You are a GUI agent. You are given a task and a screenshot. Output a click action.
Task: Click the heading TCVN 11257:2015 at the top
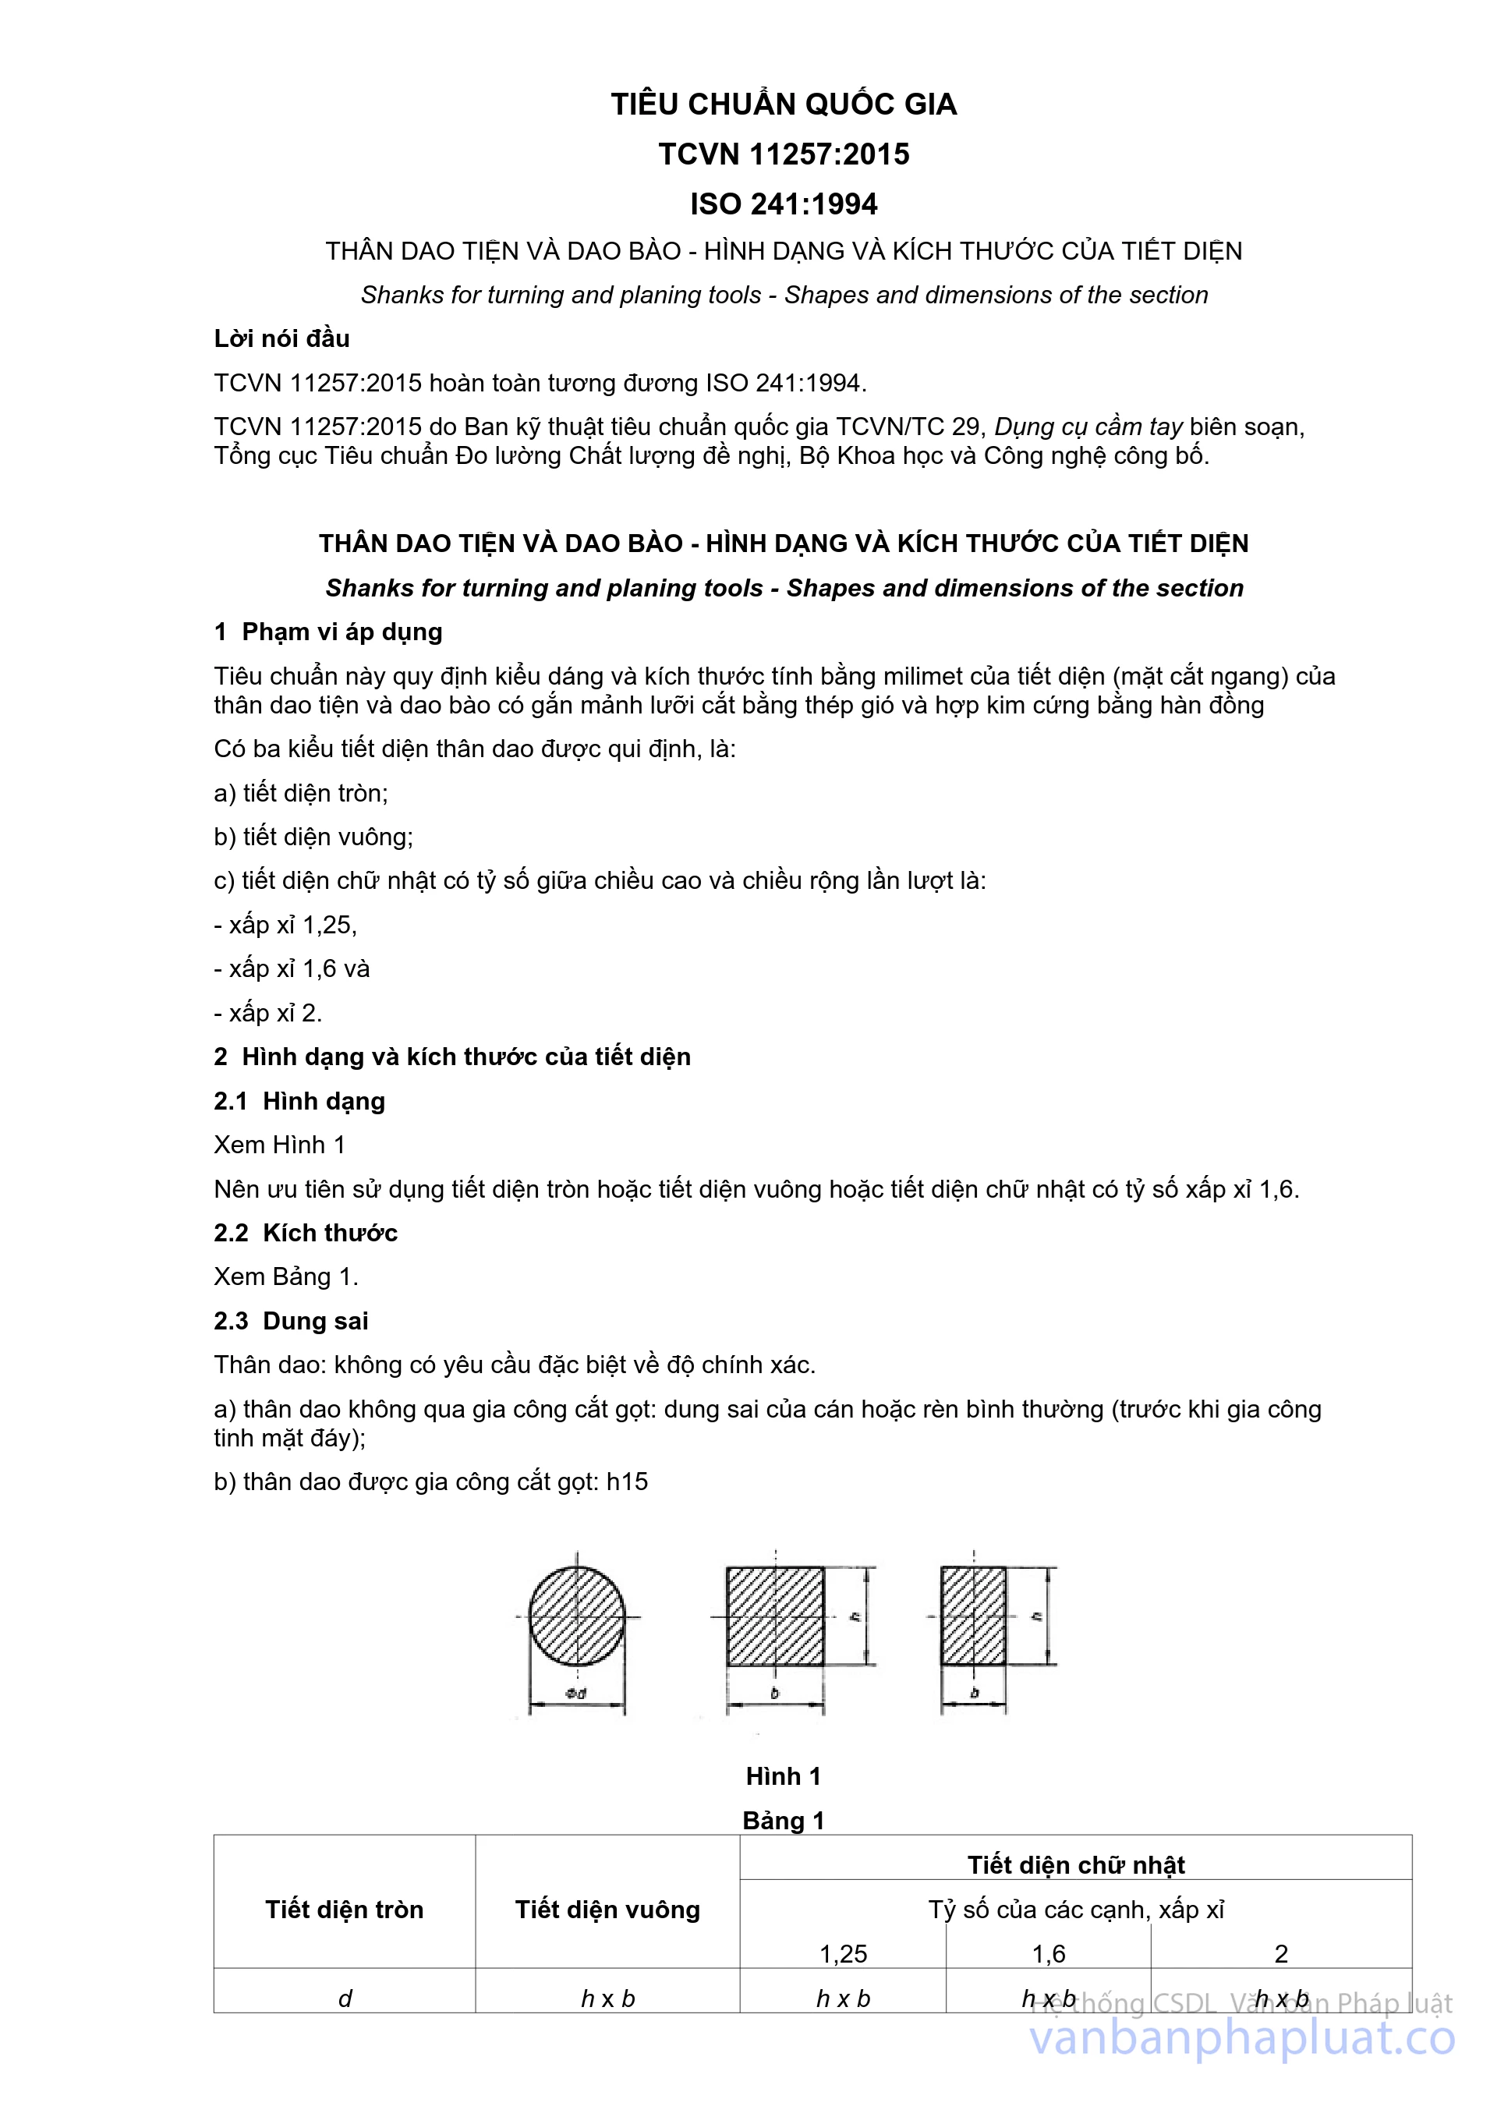coord(784,154)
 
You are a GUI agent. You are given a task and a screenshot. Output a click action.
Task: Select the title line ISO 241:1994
coord(784,204)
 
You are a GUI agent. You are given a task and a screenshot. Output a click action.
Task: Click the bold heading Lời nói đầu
coord(282,338)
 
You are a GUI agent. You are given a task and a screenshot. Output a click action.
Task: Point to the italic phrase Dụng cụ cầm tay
coord(1088,427)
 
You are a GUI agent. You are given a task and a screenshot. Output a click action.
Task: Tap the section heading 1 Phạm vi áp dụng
coord(328,632)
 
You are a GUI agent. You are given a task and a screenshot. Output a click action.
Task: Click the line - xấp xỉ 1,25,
coord(286,925)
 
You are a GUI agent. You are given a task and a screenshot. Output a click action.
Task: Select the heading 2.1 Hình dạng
coord(299,1101)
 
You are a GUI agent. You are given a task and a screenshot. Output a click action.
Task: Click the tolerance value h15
coord(628,1482)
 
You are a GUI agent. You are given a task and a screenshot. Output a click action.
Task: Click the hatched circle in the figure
coord(577,1616)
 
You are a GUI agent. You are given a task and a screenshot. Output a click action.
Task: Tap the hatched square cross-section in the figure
coord(775,1616)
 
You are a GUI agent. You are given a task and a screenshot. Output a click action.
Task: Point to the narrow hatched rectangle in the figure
coord(973,1616)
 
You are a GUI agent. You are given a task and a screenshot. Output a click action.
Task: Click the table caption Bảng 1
coord(784,1821)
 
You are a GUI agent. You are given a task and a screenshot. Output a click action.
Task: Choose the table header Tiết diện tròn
coord(345,1910)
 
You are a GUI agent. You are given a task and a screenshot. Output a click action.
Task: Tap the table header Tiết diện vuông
coord(607,1910)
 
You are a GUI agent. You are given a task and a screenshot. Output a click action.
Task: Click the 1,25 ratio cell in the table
coord(844,1954)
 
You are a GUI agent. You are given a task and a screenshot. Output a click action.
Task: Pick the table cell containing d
coord(345,1998)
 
